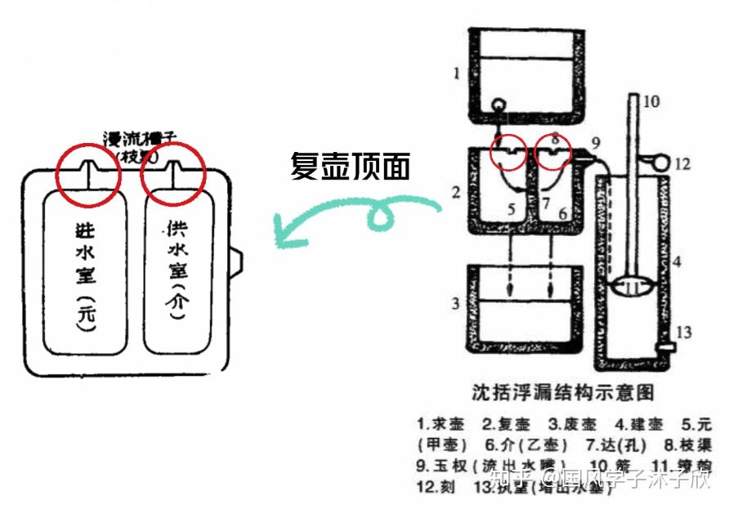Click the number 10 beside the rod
click(x=651, y=102)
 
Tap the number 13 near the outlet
click(x=682, y=332)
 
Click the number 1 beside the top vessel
click(x=457, y=74)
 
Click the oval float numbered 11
click(x=633, y=288)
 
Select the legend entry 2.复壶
click(x=507, y=425)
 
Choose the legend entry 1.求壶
click(x=441, y=425)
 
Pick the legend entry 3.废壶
click(x=572, y=425)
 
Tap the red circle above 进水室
click(x=88, y=174)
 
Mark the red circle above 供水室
click(x=172, y=174)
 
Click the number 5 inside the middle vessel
click(x=510, y=210)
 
